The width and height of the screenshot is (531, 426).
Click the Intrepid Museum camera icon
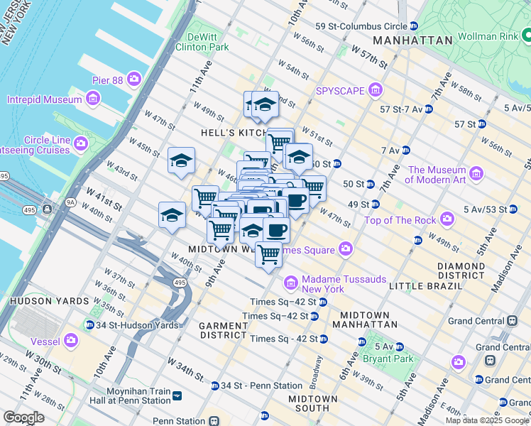[x=92, y=99]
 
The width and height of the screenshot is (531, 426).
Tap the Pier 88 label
[x=107, y=80]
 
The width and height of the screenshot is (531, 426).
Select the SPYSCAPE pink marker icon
[x=376, y=91]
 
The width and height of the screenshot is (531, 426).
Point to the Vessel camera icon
[x=70, y=340]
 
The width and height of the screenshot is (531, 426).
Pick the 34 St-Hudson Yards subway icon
[x=89, y=325]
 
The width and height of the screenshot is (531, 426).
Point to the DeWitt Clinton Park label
[x=207, y=42]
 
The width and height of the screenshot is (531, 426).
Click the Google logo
[x=24, y=417]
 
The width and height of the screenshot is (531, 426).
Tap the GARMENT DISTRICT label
[x=223, y=329]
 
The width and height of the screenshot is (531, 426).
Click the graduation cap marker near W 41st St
[x=172, y=214]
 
